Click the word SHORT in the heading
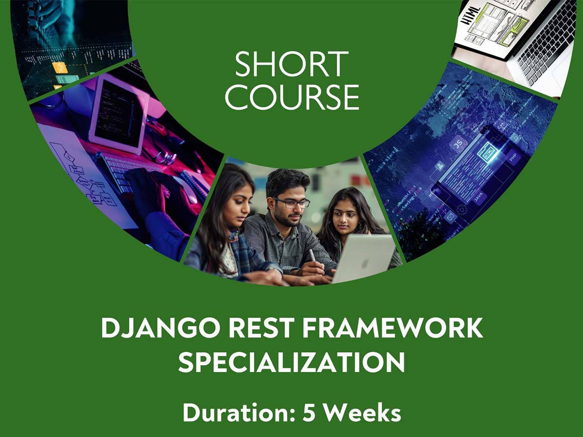(291, 64)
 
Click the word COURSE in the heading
(292, 97)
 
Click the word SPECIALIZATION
(291, 362)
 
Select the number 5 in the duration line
(309, 413)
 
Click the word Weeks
(362, 413)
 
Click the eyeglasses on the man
(292, 203)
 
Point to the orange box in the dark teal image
(59, 68)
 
